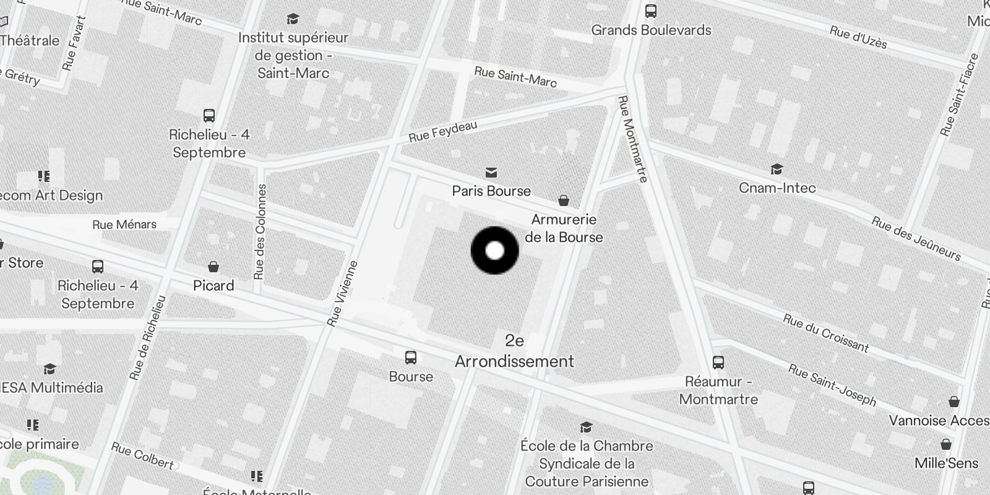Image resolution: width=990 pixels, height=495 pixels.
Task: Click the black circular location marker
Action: [495, 251]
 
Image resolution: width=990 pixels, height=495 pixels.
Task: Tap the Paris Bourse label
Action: [491, 191]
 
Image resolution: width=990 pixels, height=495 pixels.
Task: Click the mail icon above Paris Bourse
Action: [491, 172]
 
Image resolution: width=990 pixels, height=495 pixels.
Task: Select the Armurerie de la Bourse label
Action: [564, 228]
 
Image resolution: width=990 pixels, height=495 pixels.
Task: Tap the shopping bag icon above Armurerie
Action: [564, 200]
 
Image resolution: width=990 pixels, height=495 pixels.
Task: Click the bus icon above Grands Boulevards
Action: [651, 11]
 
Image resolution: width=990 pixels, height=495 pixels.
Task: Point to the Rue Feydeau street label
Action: [443, 131]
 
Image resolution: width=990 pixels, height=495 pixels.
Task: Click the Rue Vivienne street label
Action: [343, 294]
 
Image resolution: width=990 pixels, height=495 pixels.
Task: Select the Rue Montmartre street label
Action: [633, 139]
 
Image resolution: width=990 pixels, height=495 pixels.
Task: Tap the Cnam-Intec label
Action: [777, 187]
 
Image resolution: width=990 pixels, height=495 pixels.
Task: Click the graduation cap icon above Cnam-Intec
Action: [777, 169]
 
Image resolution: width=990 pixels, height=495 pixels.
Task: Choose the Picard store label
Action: [213, 285]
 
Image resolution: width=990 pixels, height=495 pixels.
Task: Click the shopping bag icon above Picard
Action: [213, 267]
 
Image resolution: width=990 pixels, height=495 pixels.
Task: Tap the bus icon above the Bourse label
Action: [411, 358]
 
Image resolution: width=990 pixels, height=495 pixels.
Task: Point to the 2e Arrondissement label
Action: [515, 351]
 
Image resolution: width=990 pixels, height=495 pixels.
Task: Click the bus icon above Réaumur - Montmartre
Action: [718, 363]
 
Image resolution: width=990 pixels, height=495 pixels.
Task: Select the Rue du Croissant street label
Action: [826, 333]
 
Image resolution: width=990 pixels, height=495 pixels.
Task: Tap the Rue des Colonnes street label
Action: [260, 231]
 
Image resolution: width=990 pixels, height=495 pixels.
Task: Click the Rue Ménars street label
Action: [124, 225]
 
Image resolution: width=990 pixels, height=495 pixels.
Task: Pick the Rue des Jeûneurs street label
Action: [916, 239]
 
